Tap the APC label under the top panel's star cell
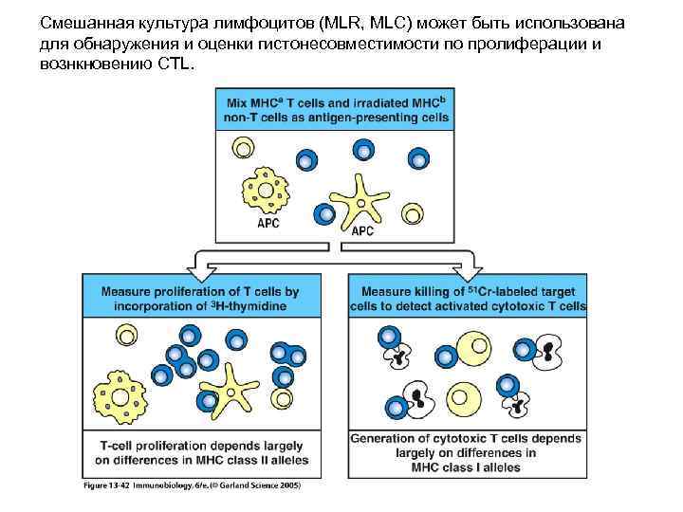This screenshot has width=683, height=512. point(362,230)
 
